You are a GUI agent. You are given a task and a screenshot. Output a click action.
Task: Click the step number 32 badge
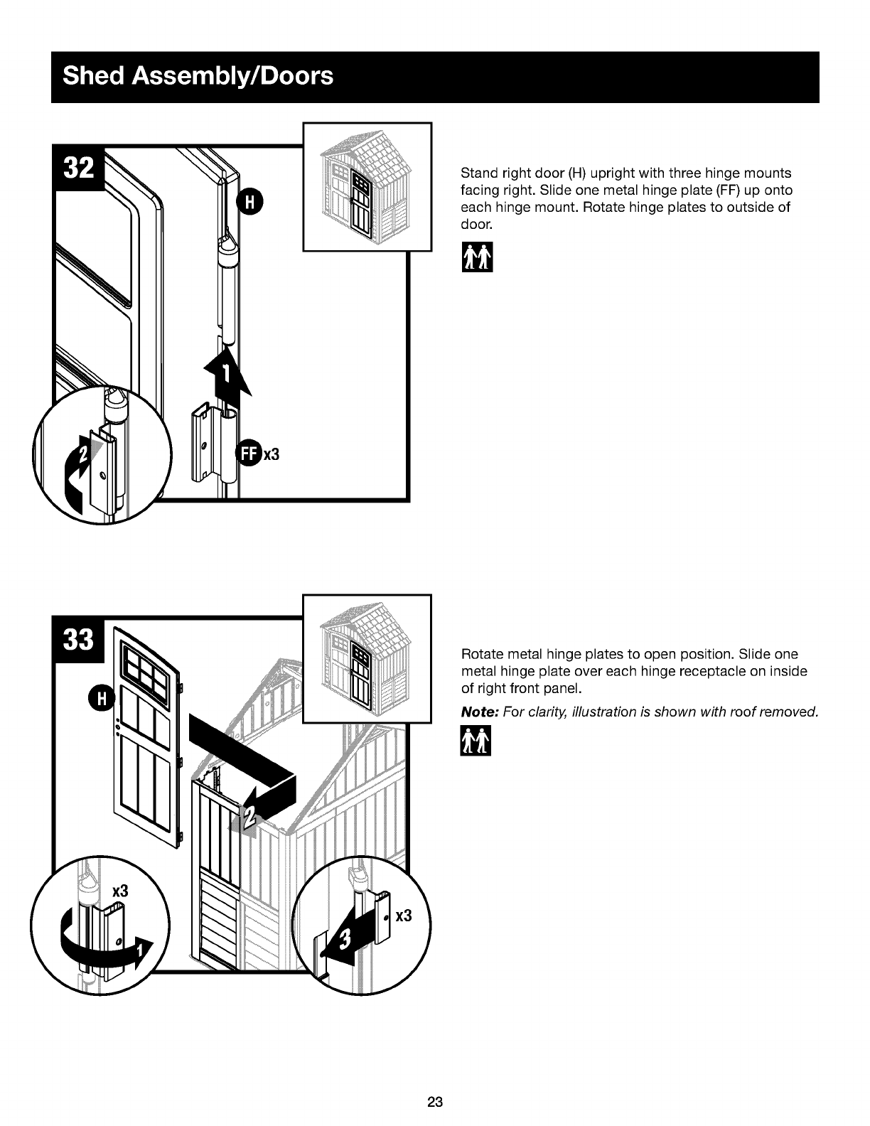coord(79,168)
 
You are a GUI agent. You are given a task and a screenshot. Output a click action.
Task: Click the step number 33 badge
coord(79,640)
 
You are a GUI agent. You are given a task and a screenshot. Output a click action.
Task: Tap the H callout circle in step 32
coord(249,202)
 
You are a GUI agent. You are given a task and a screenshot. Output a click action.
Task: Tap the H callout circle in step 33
coord(102,699)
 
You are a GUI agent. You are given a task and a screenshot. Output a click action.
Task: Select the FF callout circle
coord(249,454)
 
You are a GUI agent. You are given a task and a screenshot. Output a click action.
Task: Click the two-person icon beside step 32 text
coord(477,257)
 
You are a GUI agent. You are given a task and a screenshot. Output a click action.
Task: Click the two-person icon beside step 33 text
coord(476,741)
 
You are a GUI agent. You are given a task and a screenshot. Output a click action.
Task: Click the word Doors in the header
coord(297,75)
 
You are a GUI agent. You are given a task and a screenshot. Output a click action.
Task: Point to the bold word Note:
coord(480,712)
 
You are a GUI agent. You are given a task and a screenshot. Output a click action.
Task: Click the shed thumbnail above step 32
coord(367,187)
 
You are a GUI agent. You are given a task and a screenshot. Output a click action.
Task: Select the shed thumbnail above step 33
coord(367,658)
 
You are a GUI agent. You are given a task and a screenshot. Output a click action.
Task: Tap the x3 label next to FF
coord(272,454)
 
